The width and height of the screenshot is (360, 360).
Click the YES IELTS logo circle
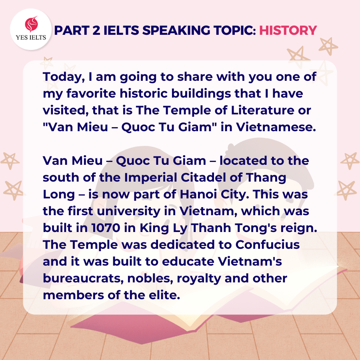pyautogui.click(x=31, y=29)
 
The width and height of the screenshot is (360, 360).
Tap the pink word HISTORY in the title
pyautogui.click(x=288, y=30)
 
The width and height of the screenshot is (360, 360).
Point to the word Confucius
pyautogui.click(x=268, y=244)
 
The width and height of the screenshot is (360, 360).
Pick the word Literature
pyautogui.click(x=262, y=110)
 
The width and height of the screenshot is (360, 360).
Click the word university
pyautogui.click(x=128, y=212)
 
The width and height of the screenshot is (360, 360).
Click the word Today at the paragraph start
pyautogui.click(x=62, y=77)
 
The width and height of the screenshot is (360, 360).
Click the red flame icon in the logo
pyautogui.click(x=31, y=24)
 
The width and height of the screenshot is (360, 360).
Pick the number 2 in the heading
pyautogui.click(x=96, y=30)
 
